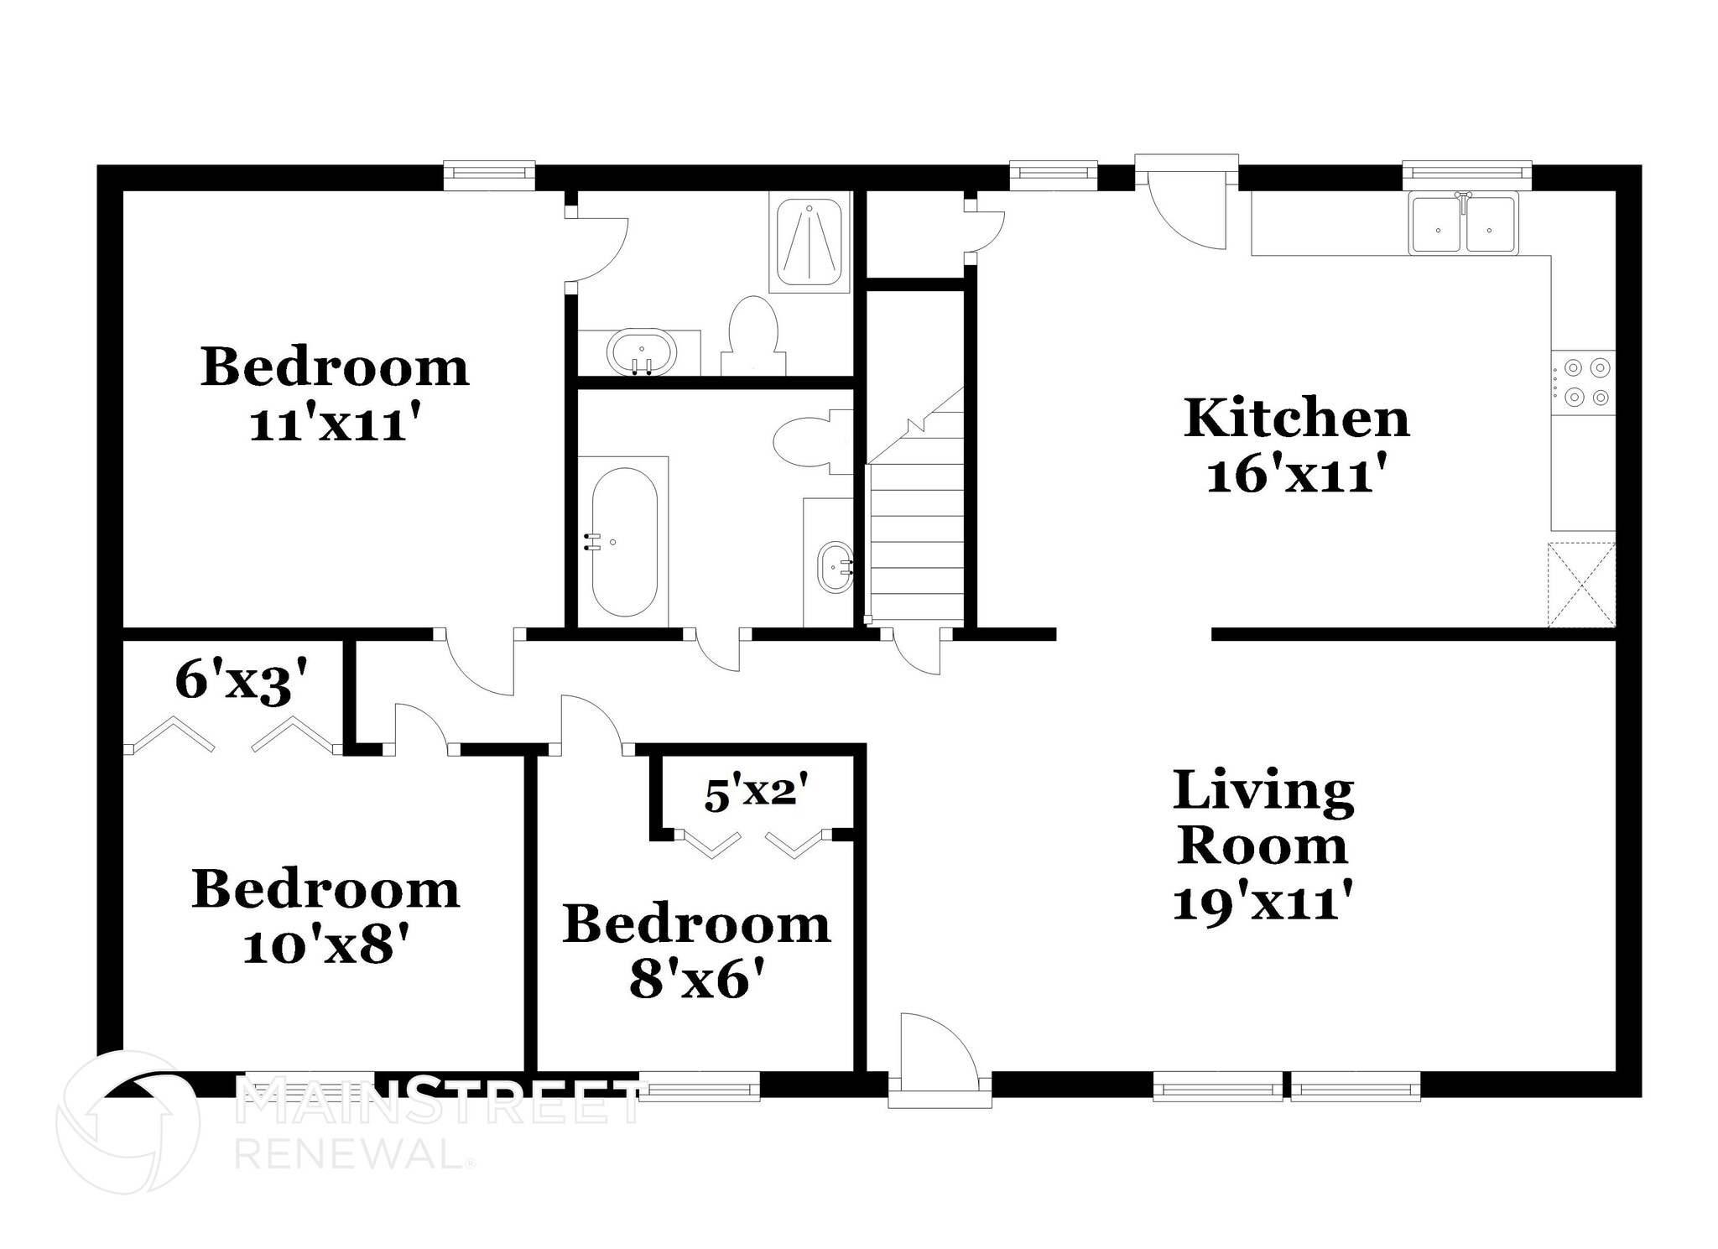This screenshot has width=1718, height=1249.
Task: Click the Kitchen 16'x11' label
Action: pyautogui.click(x=1296, y=446)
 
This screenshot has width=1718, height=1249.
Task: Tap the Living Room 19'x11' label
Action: pyautogui.click(x=1263, y=846)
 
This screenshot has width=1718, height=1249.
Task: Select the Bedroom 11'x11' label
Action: pyautogui.click(x=334, y=394)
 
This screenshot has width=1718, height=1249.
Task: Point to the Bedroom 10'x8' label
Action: pyautogui.click(x=325, y=916)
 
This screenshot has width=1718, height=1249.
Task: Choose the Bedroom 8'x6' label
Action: pyautogui.click(x=696, y=951)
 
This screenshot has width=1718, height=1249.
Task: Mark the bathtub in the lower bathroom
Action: pyautogui.click(x=624, y=542)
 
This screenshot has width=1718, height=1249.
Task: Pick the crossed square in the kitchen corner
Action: pyautogui.click(x=1580, y=584)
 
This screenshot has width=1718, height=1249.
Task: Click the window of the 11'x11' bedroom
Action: pyautogui.click(x=489, y=174)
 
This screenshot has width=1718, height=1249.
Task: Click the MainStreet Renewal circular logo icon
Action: pyautogui.click(x=128, y=1121)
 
